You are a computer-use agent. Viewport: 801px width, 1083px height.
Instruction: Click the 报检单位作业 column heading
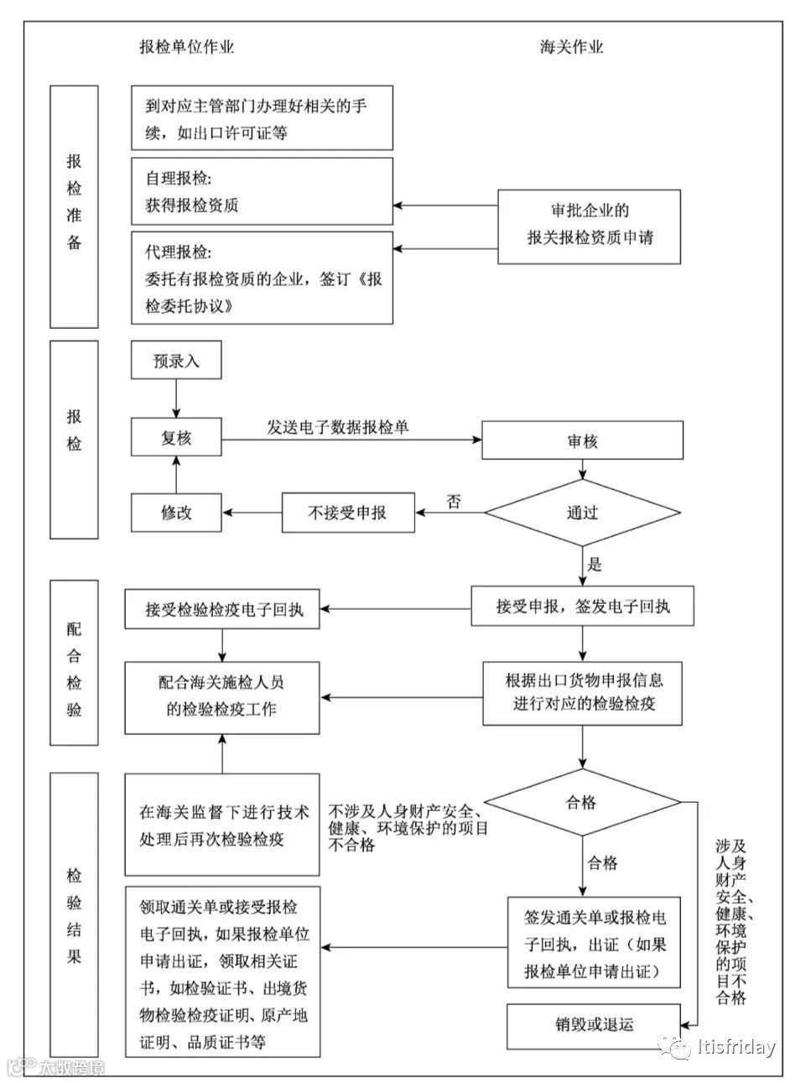(x=186, y=47)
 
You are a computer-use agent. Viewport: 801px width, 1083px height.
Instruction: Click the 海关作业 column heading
(x=571, y=47)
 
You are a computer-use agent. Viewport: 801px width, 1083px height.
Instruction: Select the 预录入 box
(x=176, y=362)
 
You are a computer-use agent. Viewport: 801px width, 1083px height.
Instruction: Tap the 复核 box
(x=176, y=438)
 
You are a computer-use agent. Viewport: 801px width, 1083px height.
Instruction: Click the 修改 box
(x=176, y=512)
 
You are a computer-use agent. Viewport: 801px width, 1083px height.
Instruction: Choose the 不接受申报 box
(x=347, y=512)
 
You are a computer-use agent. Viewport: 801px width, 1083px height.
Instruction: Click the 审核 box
(x=582, y=440)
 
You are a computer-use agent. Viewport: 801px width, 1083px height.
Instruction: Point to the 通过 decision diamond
(x=582, y=512)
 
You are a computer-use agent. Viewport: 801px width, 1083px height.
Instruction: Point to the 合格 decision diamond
(x=582, y=802)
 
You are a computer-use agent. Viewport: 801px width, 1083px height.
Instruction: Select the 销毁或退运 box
(x=594, y=1024)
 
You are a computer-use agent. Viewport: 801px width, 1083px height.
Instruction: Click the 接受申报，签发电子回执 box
(x=582, y=606)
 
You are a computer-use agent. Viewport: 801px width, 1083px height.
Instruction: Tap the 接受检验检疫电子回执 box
(x=223, y=610)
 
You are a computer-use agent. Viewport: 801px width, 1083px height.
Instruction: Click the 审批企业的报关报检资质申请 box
(x=590, y=225)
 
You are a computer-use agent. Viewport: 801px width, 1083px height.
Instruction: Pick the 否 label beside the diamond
(x=453, y=502)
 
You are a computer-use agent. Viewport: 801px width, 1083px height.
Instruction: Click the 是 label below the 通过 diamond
(x=595, y=564)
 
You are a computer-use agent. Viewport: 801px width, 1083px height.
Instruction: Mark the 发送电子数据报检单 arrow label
(x=338, y=427)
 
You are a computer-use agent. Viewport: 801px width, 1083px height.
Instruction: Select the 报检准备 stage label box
(x=74, y=206)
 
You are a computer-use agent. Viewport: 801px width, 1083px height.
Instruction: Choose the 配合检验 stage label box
(x=74, y=663)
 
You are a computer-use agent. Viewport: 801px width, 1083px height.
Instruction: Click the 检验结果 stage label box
(x=74, y=914)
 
